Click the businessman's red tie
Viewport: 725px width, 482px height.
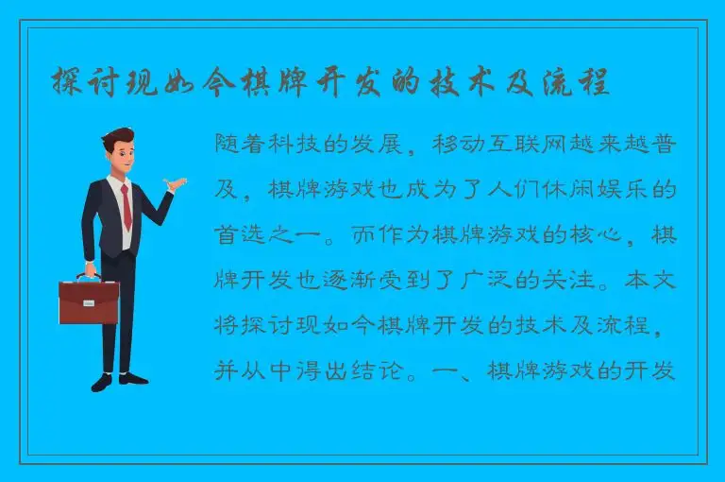(x=126, y=207)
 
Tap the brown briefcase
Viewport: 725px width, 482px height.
(x=88, y=301)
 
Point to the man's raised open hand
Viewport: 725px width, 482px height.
(x=172, y=184)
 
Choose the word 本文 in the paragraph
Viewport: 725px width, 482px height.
(x=649, y=281)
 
